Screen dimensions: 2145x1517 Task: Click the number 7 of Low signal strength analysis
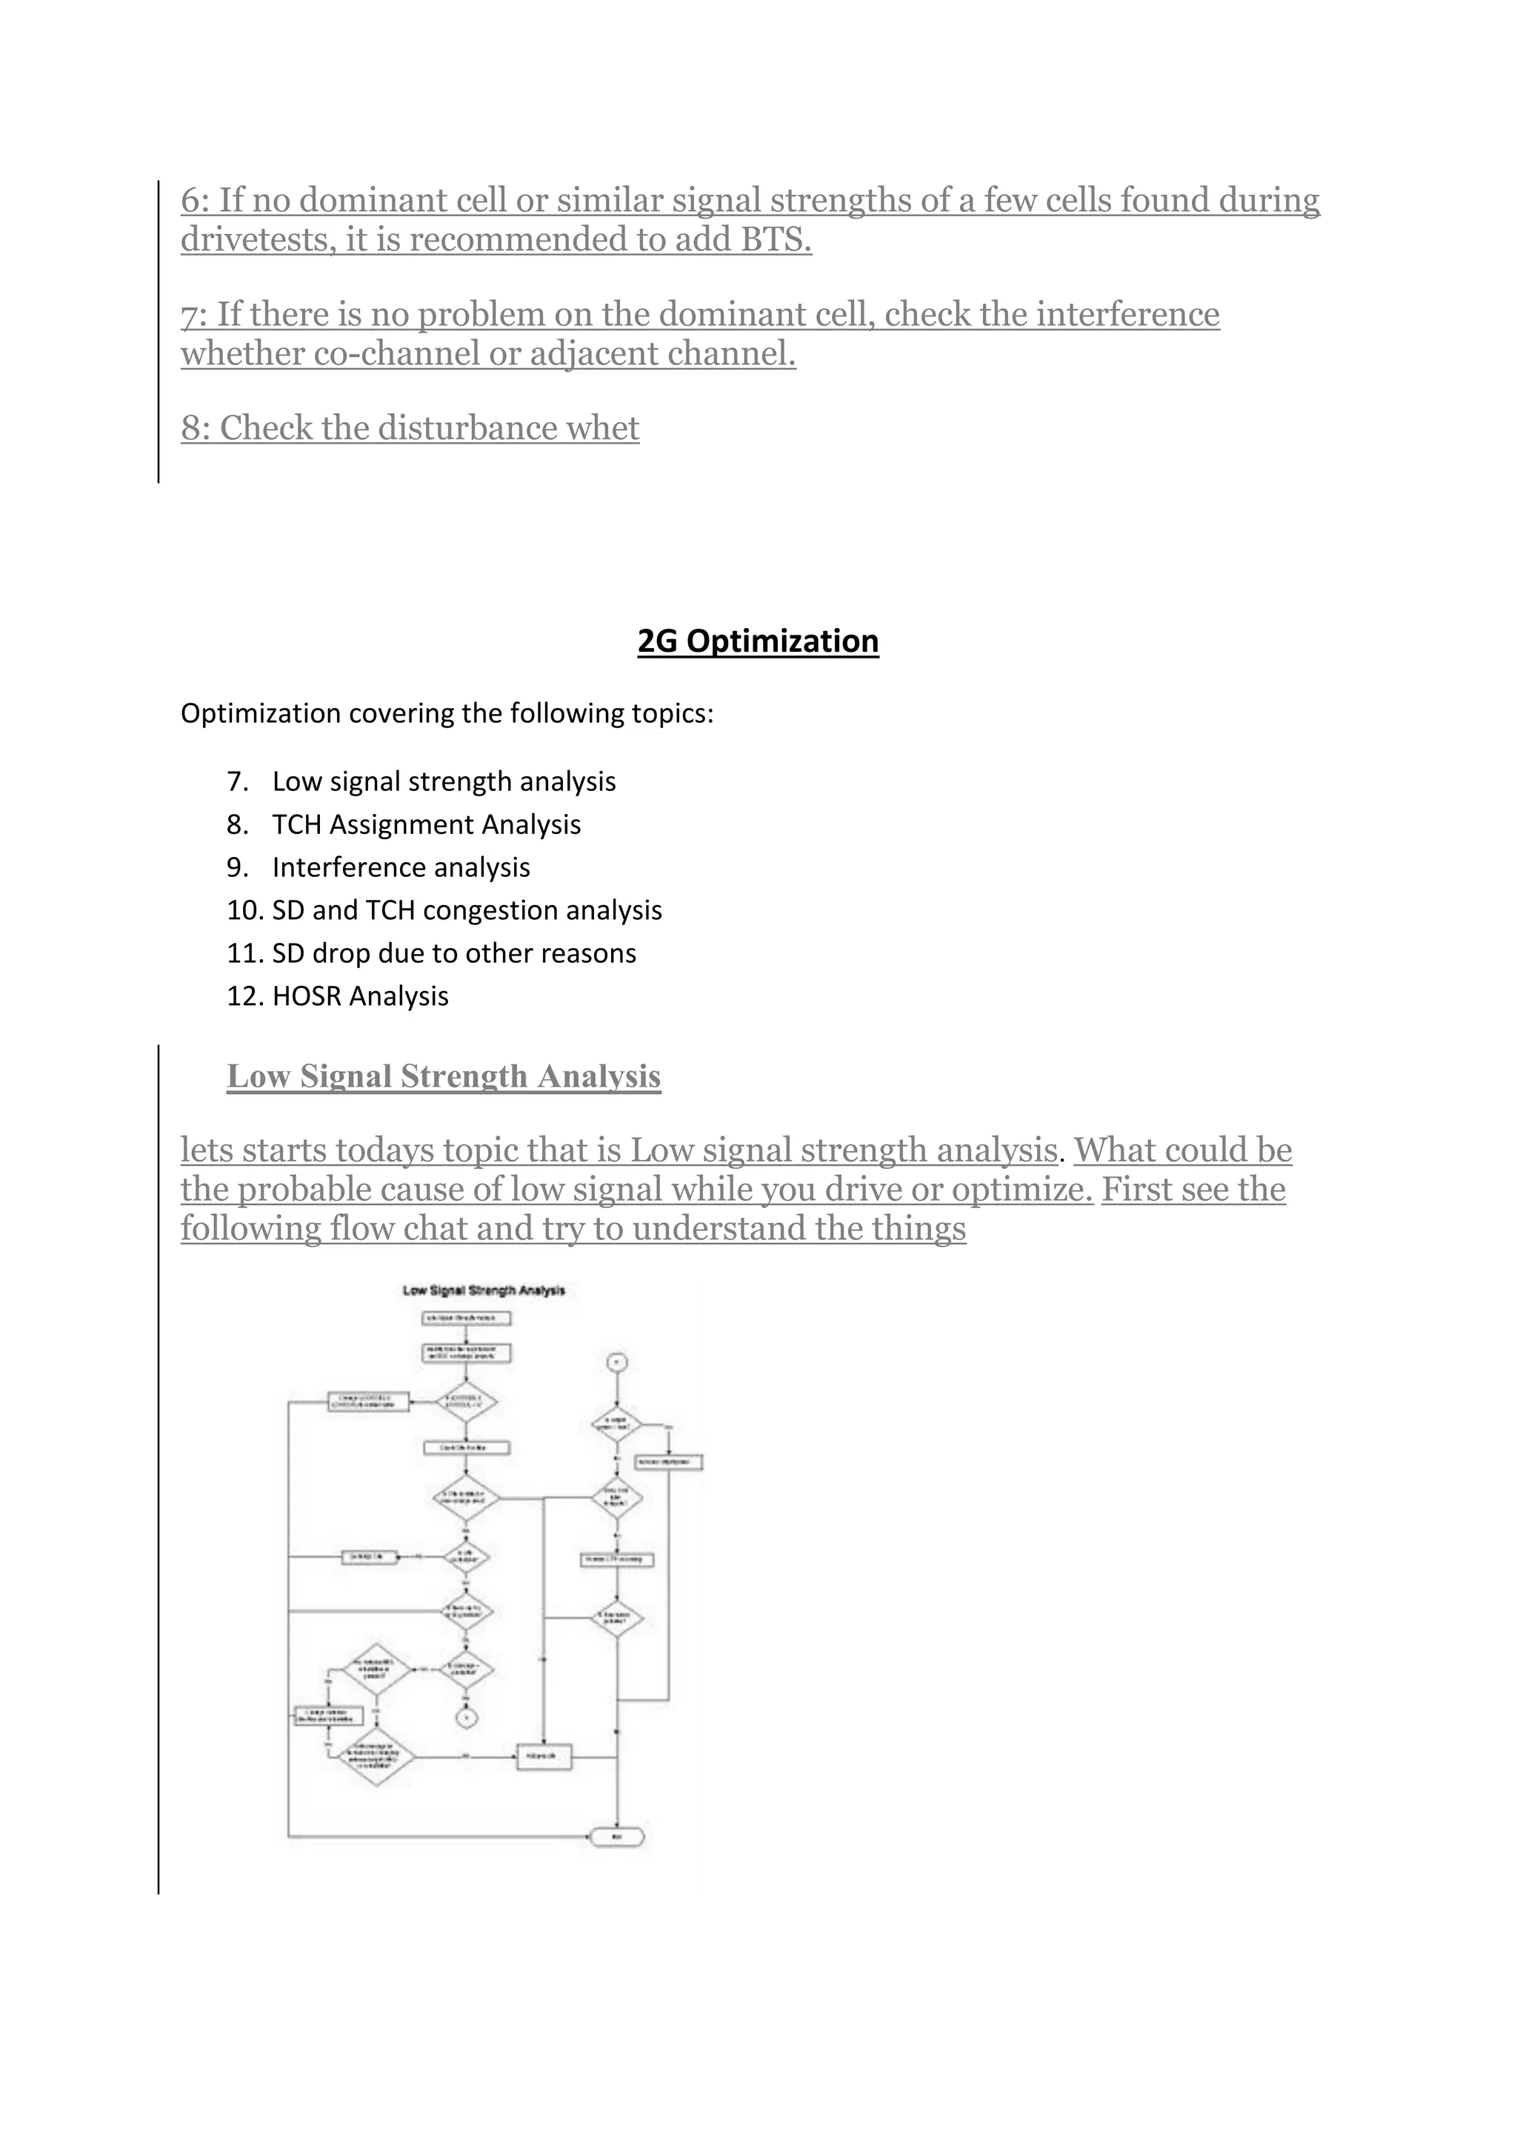[x=236, y=782]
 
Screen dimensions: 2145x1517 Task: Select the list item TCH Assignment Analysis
[x=426, y=825]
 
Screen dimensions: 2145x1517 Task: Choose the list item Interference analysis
[x=401, y=868]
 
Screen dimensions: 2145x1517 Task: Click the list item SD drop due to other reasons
[x=454, y=954]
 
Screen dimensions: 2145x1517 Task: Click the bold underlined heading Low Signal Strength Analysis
[x=444, y=1076]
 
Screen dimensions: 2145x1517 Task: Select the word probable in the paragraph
[x=296, y=1190]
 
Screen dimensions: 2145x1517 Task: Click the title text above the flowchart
[x=483, y=1290]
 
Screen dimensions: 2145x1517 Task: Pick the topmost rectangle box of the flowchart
[x=466, y=1318]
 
